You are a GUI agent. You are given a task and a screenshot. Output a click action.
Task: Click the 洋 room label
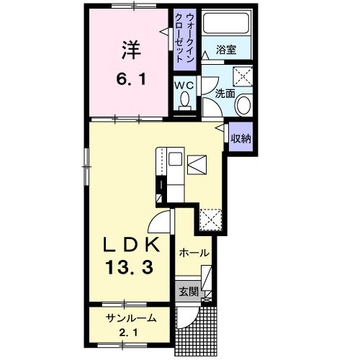click(130, 50)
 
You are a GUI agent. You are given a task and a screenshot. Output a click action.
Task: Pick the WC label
click(185, 85)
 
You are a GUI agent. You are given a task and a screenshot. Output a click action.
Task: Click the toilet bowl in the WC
click(185, 103)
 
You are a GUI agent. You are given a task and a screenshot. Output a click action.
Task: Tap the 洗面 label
click(225, 93)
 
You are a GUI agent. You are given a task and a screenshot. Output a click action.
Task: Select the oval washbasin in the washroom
click(243, 106)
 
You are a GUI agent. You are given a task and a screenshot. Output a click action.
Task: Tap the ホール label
click(194, 253)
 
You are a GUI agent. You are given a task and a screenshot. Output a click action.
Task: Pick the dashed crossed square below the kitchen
click(210, 217)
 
